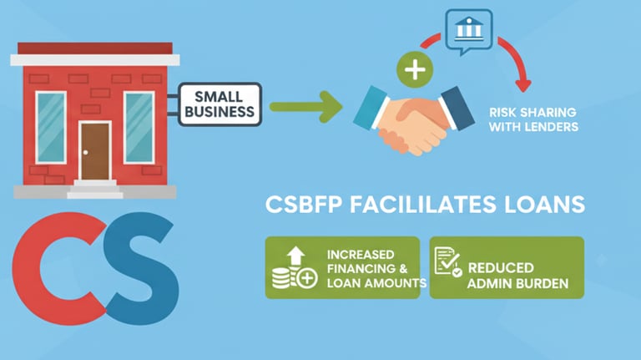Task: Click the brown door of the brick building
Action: pyautogui.click(x=95, y=150)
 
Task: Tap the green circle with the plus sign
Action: pyautogui.click(x=411, y=69)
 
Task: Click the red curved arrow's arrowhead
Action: pyautogui.click(x=523, y=84)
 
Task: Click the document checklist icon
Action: pyautogui.click(x=448, y=266)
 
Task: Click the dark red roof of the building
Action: pyautogui.click(x=93, y=48)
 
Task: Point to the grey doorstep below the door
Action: pyautogui.click(x=95, y=187)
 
